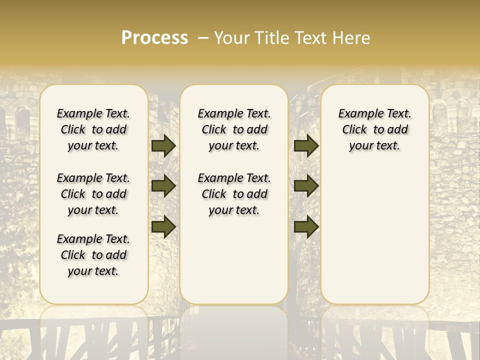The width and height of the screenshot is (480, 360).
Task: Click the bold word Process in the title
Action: pyautogui.click(x=154, y=38)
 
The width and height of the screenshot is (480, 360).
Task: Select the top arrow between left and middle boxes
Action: pyautogui.click(x=163, y=146)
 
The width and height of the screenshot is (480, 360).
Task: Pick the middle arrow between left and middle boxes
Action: pyautogui.click(x=163, y=186)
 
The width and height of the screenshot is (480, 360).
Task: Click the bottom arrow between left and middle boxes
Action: pyautogui.click(x=163, y=226)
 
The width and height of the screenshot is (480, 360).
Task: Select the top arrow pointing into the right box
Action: pyautogui.click(x=306, y=146)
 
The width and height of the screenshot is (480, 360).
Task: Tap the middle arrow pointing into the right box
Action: pyautogui.click(x=306, y=186)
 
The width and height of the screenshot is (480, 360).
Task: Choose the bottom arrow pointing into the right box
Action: pyautogui.click(x=306, y=226)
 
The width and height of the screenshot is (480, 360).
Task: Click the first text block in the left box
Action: pyautogui.click(x=93, y=129)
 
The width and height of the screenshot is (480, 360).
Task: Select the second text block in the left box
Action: pyautogui.click(x=93, y=194)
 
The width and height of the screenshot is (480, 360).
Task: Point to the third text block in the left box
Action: pyautogui.click(x=93, y=255)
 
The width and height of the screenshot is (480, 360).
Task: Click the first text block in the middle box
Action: pyautogui.click(x=234, y=129)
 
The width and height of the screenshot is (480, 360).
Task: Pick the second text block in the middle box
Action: pyautogui.click(x=234, y=194)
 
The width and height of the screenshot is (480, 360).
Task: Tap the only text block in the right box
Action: pyautogui.click(x=375, y=129)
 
